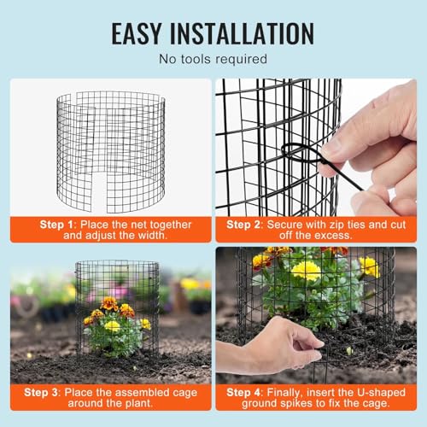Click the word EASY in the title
137,33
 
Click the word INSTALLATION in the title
242,33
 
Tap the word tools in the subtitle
196,59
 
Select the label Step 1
56,225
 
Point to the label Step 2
243,225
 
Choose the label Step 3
41,393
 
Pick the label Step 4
243,393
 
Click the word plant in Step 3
139,403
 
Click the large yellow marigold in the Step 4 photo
306,271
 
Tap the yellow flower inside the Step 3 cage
112,326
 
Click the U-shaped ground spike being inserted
321,365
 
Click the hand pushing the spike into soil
271,347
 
